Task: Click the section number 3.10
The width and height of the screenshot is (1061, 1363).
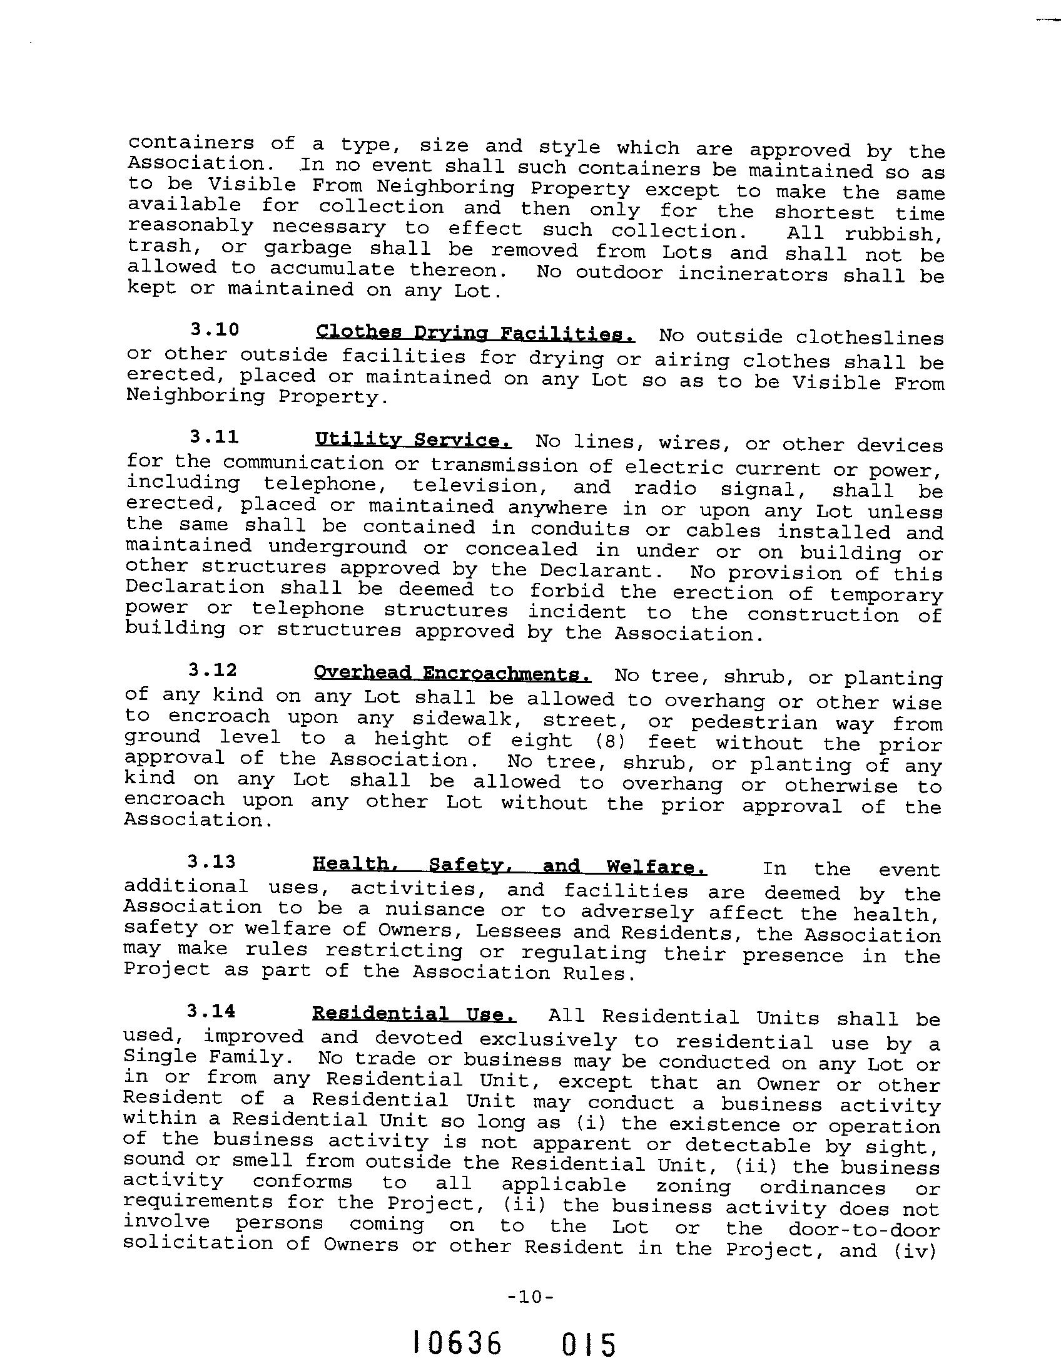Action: click(x=215, y=329)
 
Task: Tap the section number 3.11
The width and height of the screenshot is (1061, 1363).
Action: click(x=215, y=436)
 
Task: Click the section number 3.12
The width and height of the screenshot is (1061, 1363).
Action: click(x=213, y=670)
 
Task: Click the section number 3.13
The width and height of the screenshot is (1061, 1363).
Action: click(x=212, y=862)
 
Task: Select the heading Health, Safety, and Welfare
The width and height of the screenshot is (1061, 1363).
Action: click(x=510, y=866)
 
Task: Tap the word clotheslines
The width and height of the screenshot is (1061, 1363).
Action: click(x=870, y=338)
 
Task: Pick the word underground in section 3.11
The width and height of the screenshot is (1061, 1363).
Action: click(x=337, y=547)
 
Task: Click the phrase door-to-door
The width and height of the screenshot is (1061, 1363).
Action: click(x=864, y=1229)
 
